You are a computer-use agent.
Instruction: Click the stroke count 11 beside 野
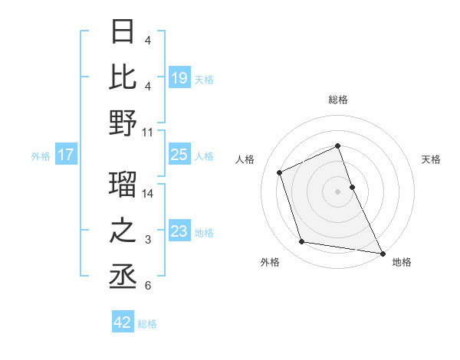click(x=148, y=132)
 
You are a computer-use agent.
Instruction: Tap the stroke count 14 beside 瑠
click(x=148, y=194)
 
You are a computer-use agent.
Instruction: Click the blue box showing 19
click(x=179, y=77)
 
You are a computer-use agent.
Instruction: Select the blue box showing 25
click(x=179, y=155)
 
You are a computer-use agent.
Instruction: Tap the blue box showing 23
click(x=179, y=231)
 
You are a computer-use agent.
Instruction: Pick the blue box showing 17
click(x=65, y=155)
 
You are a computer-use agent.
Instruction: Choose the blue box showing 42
click(x=123, y=322)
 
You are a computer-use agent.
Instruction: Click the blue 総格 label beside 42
click(x=147, y=324)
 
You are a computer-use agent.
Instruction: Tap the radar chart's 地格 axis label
click(x=402, y=262)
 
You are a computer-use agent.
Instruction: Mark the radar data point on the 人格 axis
click(x=280, y=172)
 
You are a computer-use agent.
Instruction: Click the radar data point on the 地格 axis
click(x=382, y=252)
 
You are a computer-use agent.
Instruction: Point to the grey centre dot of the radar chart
click(x=337, y=191)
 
